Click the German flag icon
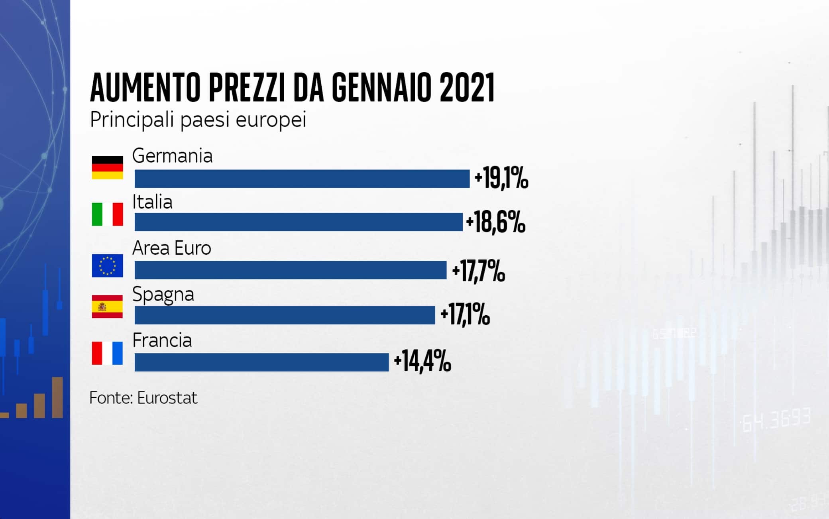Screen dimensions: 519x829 click(107, 167)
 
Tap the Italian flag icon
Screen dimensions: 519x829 click(107, 214)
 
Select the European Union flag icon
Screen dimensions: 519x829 click(107, 265)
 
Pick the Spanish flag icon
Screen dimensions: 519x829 click(107, 307)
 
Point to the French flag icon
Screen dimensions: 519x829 click(107, 353)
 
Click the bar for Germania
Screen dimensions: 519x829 click(302, 179)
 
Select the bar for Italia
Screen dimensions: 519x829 click(298, 222)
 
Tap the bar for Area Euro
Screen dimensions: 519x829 click(290, 270)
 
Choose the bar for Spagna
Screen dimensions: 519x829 click(285, 315)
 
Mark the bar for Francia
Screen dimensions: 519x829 click(261, 362)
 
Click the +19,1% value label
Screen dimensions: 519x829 click(501, 179)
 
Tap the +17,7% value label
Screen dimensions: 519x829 click(478, 271)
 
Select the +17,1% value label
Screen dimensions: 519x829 click(465, 315)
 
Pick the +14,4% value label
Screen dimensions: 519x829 click(422, 362)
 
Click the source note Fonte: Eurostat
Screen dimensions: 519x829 click(143, 398)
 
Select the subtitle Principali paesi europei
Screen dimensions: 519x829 click(198, 119)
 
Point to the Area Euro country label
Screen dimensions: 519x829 click(171, 248)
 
